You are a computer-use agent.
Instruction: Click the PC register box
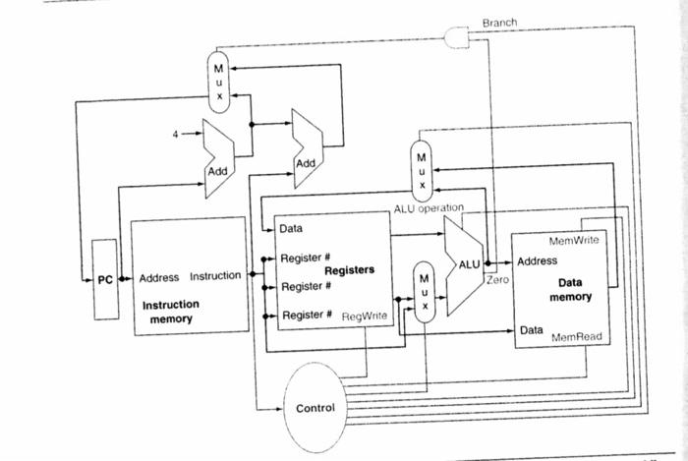(105, 279)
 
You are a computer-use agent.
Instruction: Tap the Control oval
(315, 408)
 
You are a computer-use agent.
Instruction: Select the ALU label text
(469, 264)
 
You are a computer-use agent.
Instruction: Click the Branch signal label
(499, 23)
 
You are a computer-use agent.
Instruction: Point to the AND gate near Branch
(457, 37)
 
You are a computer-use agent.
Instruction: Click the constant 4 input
(176, 134)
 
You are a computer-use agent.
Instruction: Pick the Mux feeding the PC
(218, 82)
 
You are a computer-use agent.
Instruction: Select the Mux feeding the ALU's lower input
(424, 292)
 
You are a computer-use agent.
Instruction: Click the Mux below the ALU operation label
(422, 171)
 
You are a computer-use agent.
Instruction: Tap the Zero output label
(497, 279)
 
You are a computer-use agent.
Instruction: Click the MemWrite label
(573, 241)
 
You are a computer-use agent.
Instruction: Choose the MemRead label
(577, 337)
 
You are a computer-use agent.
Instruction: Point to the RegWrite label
(365, 316)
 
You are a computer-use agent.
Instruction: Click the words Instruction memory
(171, 312)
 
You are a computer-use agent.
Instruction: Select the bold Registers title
(349, 269)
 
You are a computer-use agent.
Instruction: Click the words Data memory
(570, 290)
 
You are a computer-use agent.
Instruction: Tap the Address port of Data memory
(537, 261)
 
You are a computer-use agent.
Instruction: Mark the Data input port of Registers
(291, 228)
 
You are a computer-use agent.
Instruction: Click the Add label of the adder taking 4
(217, 171)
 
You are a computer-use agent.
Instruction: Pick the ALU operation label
(429, 208)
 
